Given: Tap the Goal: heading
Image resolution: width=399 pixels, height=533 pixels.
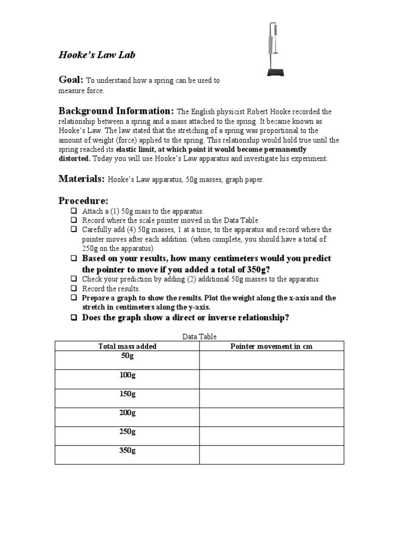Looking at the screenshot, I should click(71, 80).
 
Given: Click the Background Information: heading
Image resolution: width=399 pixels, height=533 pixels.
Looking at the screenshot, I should click(116, 111).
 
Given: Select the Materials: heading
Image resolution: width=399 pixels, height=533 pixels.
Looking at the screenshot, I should click(82, 179).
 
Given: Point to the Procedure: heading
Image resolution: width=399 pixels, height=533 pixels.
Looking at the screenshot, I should click(83, 200).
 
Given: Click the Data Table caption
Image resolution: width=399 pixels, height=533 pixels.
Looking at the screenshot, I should click(199, 337).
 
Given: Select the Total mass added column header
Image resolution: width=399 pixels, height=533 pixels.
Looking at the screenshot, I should click(127, 346).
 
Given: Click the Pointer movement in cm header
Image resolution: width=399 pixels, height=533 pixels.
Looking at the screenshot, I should click(271, 346).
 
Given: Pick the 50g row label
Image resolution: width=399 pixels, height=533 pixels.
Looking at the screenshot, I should click(127, 356).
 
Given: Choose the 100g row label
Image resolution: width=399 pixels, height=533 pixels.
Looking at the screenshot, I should click(127, 375).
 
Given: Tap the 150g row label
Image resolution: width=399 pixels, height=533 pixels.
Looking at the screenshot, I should click(127, 394).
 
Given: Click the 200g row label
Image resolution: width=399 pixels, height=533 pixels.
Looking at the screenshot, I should click(127, 413).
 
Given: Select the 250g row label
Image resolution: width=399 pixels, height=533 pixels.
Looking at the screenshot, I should click(127, 432).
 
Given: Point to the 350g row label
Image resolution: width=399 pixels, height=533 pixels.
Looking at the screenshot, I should click(127, 451).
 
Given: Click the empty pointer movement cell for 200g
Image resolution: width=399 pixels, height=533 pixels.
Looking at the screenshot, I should click(271, 417).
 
